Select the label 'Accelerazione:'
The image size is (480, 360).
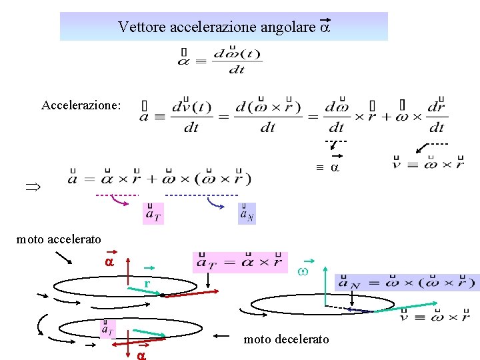point(81,105)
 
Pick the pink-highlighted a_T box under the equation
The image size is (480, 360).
point(153,213)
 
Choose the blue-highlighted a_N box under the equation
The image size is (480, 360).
point(247,213)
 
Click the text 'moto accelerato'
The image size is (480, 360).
point(59,239)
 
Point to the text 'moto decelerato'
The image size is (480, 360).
point(286,339)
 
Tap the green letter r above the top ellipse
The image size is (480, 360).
point(145,285)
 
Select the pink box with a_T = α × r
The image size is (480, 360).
point(240,262)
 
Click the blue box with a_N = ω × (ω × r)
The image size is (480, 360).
point(407,282)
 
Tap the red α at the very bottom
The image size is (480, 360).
point(141,355)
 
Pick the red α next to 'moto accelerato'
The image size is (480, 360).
point(109,262)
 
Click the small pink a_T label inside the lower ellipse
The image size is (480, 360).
point(107,328)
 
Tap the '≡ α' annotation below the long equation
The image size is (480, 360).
point(327,167)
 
